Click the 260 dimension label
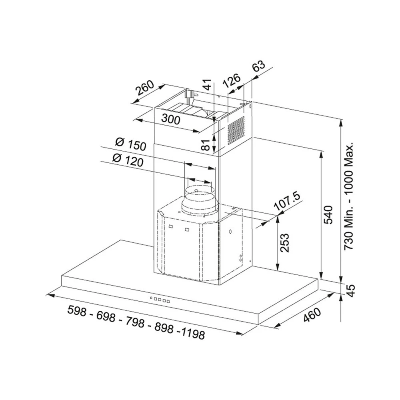[x=145, y=88]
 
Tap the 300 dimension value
[x=171, y=119]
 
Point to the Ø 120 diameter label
[x=128, y=160]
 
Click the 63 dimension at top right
[x=259, y=67]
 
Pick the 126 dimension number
[x=231, y=80]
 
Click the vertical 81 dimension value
[x=207, y=145]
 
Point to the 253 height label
[x=285, y=243]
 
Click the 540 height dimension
[x=328, y=215]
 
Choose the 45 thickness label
[x=352, y=291]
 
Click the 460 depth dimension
[x=312, y=315]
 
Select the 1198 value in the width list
[x=193, y=334]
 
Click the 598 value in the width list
[x=77, y=311]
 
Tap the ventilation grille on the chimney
[x=236, y=131]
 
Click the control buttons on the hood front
[x=160, y=300]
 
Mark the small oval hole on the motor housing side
[x=230, y=232]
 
